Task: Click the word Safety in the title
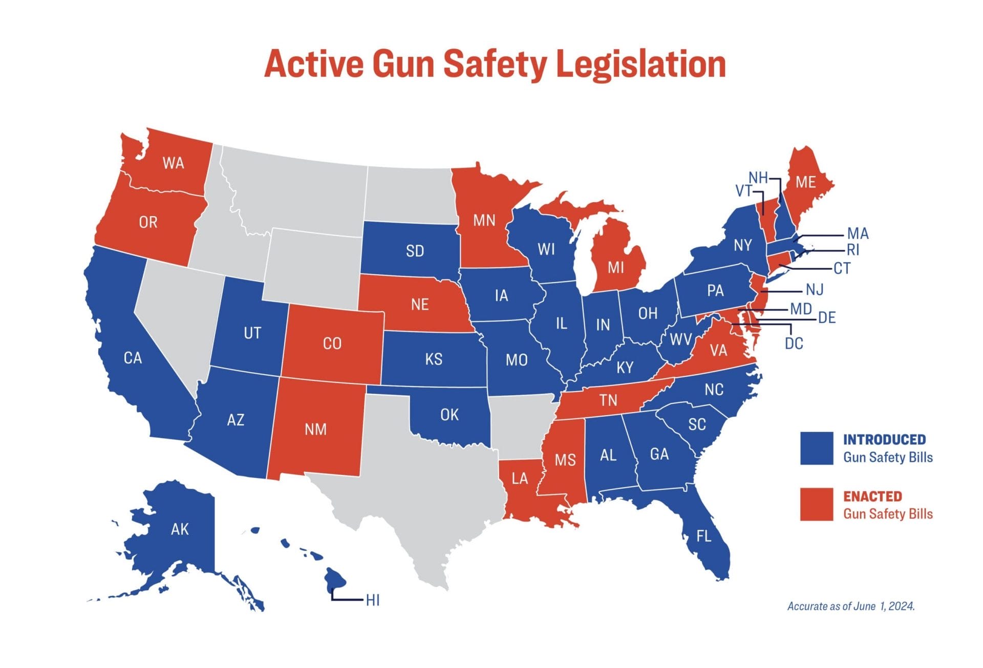click(495, 64)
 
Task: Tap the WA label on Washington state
click(173, 163)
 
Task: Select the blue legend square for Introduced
click(816, 448)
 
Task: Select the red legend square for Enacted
click(816, 505)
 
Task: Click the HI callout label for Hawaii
click(373, 600)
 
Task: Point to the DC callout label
click(794, 343)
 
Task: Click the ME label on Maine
click(805, 182)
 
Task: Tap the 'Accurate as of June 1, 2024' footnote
click(850, 607)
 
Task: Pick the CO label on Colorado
click(332, 343)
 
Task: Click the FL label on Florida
click(703, 536)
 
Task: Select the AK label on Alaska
click(180, 529)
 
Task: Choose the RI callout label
click(853, 250)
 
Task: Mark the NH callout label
click(758, 178)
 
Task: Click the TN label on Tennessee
click(608, 400)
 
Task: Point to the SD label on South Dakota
click(415, 251)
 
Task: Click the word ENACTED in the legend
click(872, 497)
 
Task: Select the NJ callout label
click(814, 290)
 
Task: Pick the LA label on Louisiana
click(520, 479)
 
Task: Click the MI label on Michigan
click(615, 268)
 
